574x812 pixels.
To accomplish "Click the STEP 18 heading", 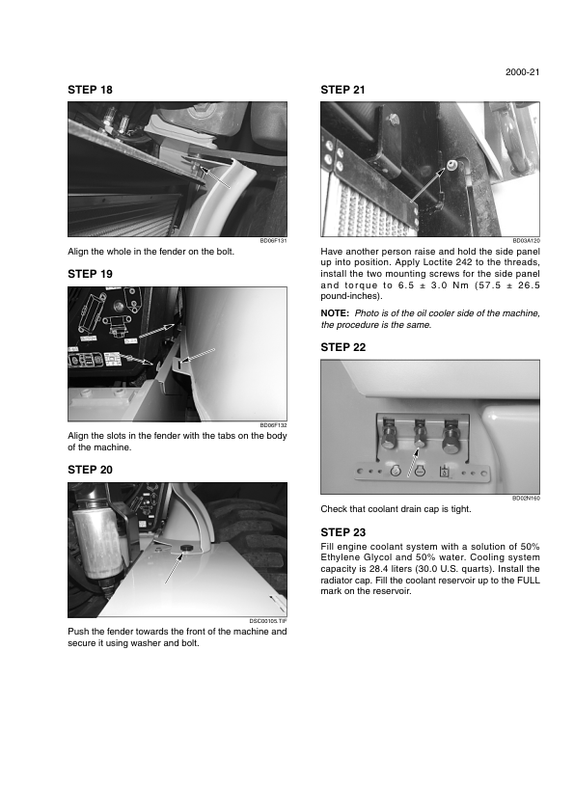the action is [90, 90].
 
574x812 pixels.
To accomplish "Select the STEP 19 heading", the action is [90, 274].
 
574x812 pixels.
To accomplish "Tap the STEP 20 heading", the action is [90, 470].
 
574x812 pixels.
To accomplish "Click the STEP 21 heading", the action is [342, 90].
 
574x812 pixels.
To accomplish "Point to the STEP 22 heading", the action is [342, 347].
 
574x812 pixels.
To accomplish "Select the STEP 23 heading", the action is [342, 532].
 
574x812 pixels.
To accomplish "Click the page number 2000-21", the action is [523, 72].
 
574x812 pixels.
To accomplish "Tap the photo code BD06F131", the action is [274, 241].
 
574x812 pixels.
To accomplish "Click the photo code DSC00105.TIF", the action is [268, 621].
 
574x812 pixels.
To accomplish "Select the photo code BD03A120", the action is [527, 241].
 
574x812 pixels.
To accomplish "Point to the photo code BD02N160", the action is [527, 499].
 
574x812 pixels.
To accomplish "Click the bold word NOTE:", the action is [335, 313].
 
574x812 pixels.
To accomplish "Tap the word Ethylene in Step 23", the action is [341, 557].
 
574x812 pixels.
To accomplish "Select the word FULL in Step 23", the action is [529, 580].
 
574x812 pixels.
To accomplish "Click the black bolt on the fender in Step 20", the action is [184, 548].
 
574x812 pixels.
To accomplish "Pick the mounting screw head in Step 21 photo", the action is [451, 165].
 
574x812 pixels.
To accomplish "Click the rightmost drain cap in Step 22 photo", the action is [451, 438].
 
